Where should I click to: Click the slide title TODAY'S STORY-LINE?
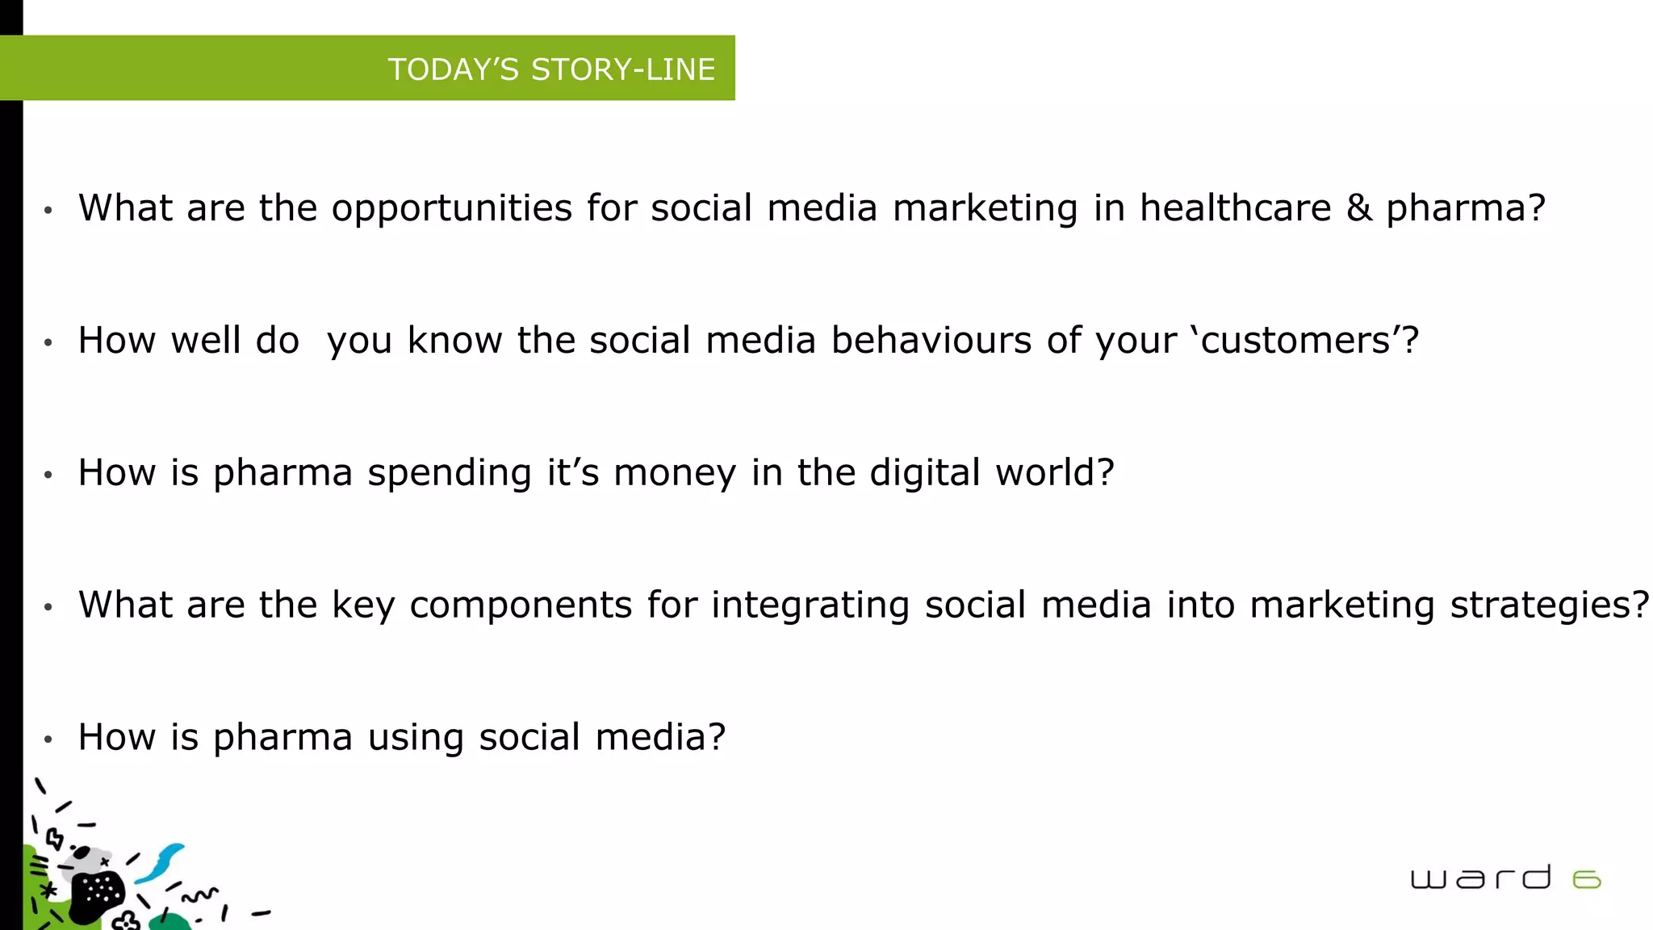[551, 69]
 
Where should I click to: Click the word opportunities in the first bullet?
[451, 209]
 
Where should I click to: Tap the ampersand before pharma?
[1359, 208]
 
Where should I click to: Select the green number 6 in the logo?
[1587, 879]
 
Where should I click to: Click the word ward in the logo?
[1480, 878]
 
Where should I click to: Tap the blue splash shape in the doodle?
[161, 862]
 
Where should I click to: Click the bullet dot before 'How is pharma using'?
[48, 739]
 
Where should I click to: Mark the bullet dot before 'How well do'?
[48, 342]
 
